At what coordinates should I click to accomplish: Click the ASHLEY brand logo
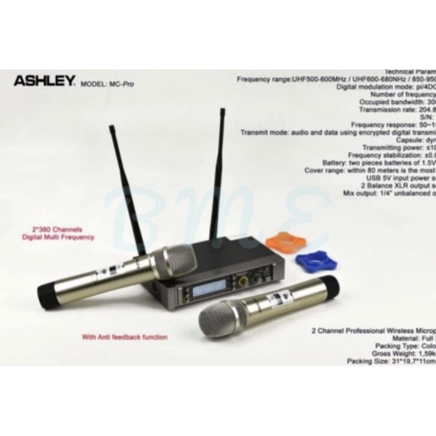pos(41,79)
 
